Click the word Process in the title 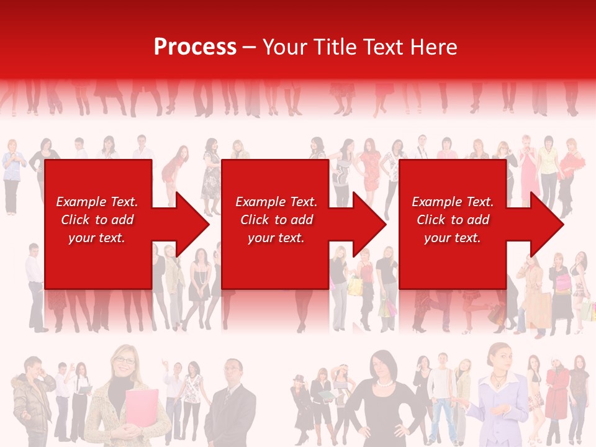(x=195, y=47)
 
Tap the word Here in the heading (x=435, y=47)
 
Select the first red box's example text (x=97, y=220)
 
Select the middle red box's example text (x=276, y=220)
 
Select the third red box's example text (x=453, y=220)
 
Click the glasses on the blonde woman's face (x=124, y=361)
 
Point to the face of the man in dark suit (x=233, y=372)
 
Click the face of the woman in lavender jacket (x=499, y=359)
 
